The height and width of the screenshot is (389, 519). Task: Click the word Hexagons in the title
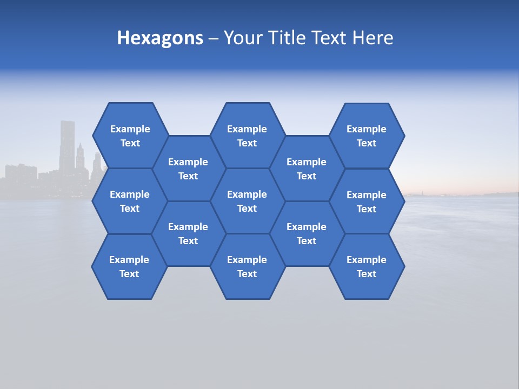(x=160, y=38)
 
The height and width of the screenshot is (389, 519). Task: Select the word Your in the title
(x=241, y=38)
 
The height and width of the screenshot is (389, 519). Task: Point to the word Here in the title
(x=372, y=38)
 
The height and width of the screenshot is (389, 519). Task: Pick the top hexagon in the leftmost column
(x=130, y=136)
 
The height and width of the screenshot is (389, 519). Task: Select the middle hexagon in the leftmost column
(x=130, y=201)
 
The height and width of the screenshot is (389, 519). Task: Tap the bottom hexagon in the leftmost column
(x=129, y=266)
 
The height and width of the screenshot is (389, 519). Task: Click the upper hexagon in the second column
(x=188, y=169)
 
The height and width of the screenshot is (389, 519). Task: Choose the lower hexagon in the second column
(x=188, y=233)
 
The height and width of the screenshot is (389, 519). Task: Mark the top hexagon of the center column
(x=247, y=136)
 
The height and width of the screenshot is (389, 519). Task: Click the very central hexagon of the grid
(x=247, y=201)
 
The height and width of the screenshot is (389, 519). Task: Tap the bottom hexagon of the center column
(x=247, y=266)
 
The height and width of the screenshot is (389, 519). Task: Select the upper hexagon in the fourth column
(x=307, y=169)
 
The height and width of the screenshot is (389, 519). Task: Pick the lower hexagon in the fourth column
(x=307, y=233)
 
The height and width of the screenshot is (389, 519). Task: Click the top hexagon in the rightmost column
(x=367, y=136)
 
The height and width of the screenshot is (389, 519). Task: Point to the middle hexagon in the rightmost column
(x=367, y=202)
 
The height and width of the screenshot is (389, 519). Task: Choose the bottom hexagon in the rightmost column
(x=367, y=266)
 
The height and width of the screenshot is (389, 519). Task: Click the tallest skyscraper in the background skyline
(x=67, y=146)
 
